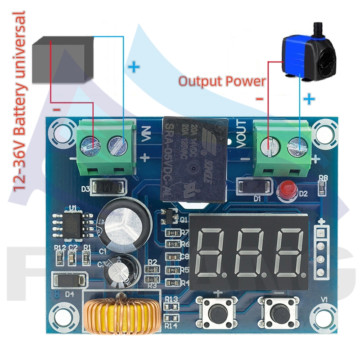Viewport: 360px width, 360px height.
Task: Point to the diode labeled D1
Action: click(254, 186)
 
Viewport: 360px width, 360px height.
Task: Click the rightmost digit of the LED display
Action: click(288, 252)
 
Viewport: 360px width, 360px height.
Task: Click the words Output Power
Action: click(222, 81)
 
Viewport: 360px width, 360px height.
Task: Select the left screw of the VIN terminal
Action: click(89, 145)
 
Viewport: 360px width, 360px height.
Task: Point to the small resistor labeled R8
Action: click(322, 188)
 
